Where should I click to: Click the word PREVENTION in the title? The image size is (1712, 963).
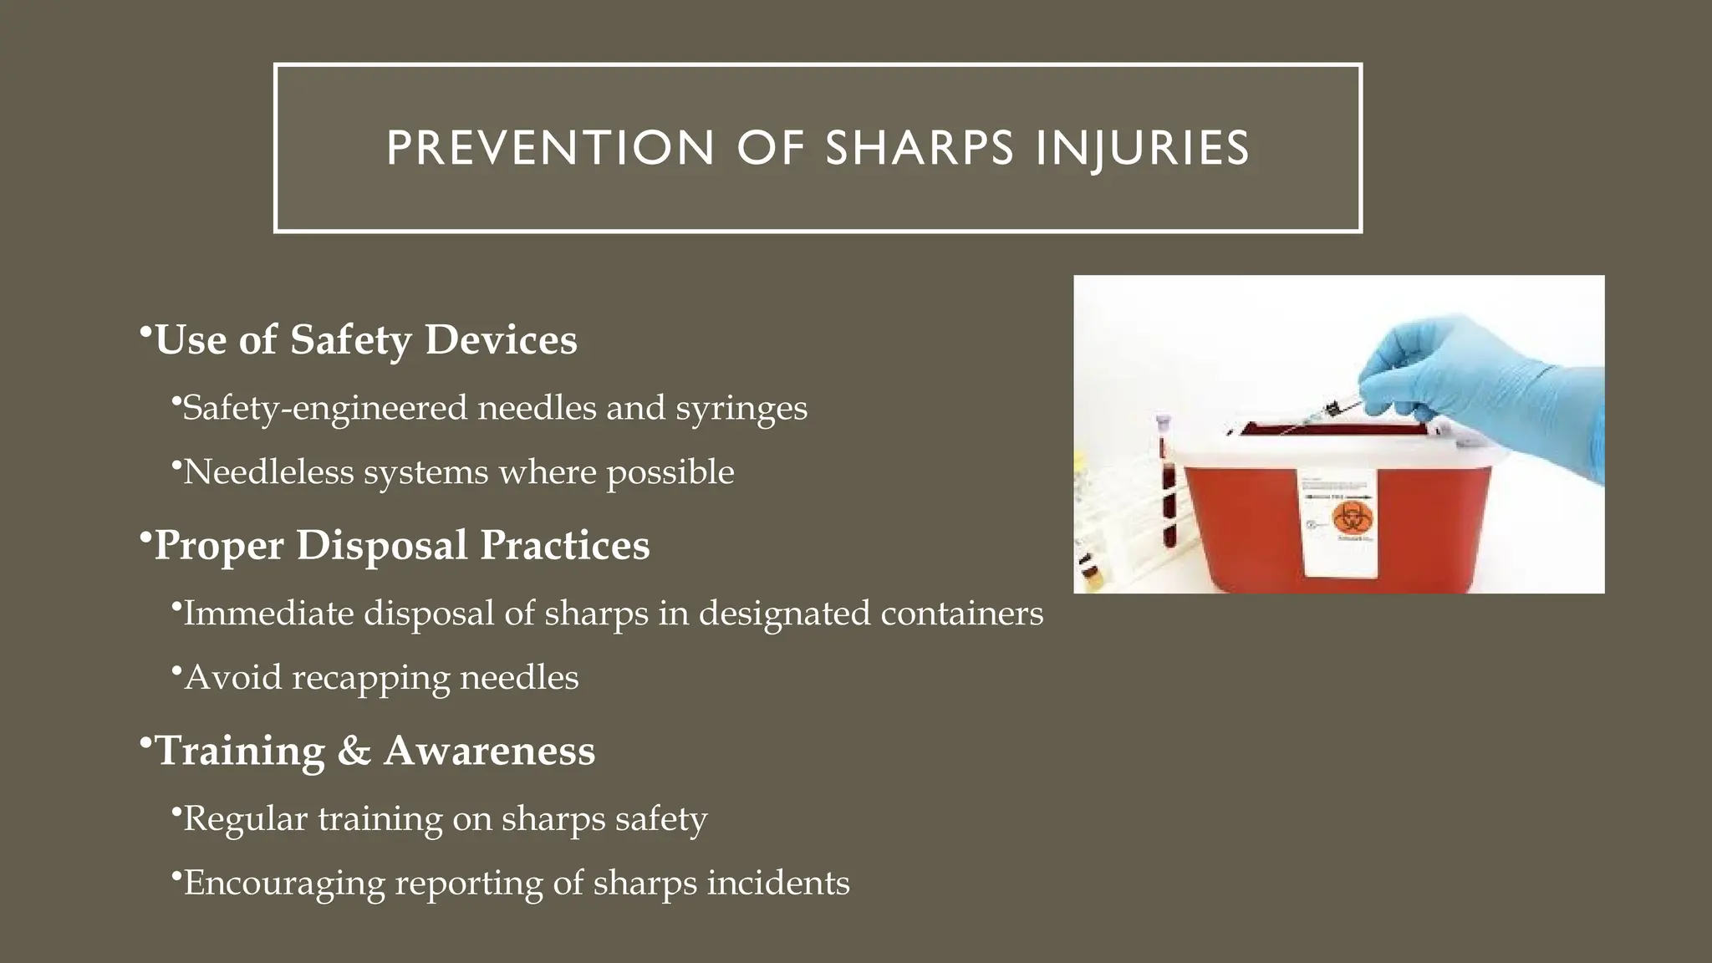(x=550, y=148)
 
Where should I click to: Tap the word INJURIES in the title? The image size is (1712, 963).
(x=1143, y=148)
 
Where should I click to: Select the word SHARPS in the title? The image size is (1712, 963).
(x=920, y=148)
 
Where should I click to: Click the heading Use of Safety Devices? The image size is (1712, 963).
(x=365, y=339)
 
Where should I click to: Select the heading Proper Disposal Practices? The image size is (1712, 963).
(x=401, y=545)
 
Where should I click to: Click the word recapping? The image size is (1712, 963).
(x=370, y=678)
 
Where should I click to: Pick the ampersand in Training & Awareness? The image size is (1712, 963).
(x=354, y=751)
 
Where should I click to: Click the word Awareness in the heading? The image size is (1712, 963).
(x=489, y=751)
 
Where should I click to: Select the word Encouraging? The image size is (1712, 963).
(x=283, y=884)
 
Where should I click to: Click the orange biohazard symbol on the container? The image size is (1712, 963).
(x=1348, y=519)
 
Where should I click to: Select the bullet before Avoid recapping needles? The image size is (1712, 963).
(x=176, y=671)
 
